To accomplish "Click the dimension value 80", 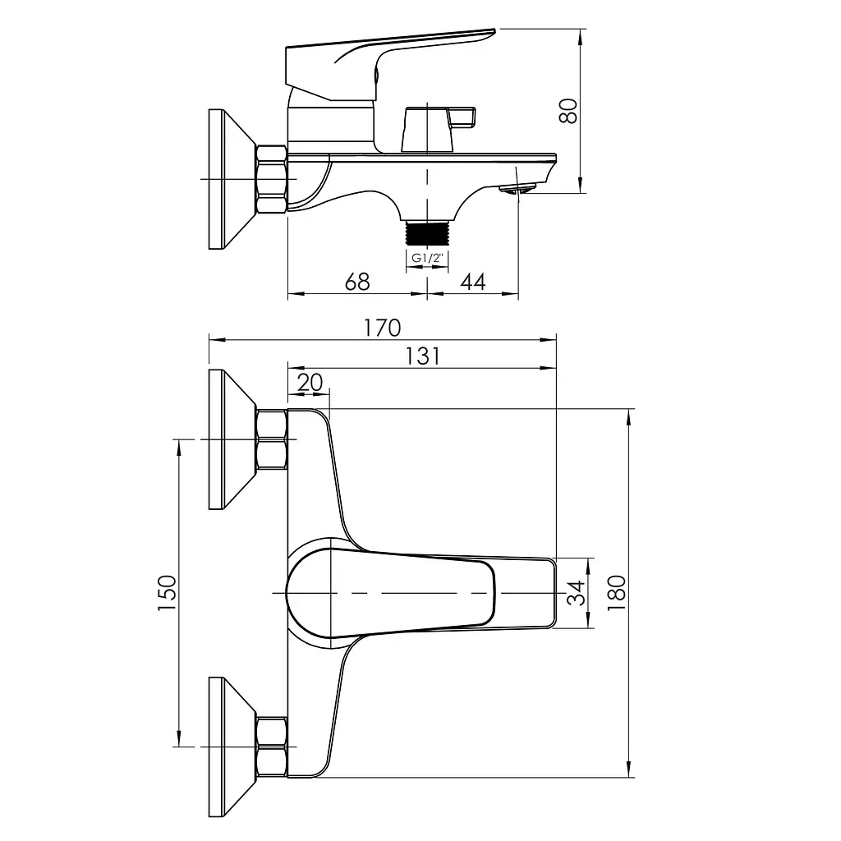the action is click(x=568, y=111).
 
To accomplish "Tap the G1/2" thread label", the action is click(x=426, y=258).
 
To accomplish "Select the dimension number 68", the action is click(x=357, y=282).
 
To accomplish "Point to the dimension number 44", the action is click(x=473, y=282).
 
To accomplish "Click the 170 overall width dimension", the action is click(x=383, y=328).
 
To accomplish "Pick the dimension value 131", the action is click(x=422, y=356).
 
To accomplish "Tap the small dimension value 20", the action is click(x=310, y=383).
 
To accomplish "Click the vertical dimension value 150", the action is click(x=168, y=593).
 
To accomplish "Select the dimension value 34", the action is click(x=577, y=593).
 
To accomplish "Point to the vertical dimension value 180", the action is click(x=617, y=593).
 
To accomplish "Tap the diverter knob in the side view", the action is click(x=438, y=130).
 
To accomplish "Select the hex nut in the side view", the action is click(x=272, y=179).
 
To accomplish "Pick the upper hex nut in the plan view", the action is click(x=272, y=439).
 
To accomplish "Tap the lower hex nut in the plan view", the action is click(x=272, y=747).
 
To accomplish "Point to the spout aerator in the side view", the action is click(x=517, y=188).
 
